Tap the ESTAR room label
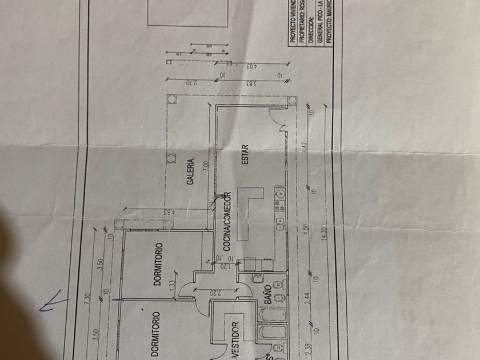[x=245, y=158]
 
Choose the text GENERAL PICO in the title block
[x=320, y=26]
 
